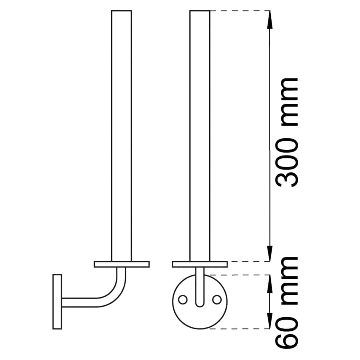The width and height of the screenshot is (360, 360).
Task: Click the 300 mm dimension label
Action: tap(286, 132)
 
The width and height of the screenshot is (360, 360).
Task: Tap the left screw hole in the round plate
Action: tap(182, 299)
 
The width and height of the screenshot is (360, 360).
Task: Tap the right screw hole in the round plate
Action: tap(217, 299)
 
